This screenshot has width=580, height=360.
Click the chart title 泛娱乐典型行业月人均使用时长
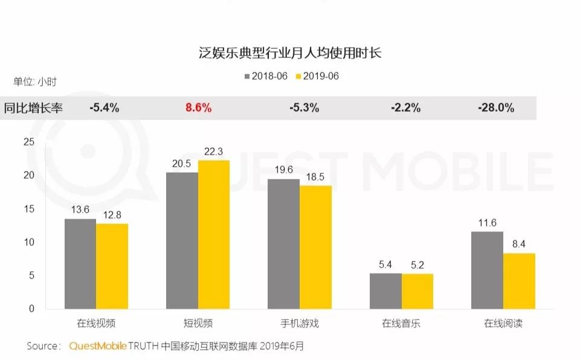coord(290,53)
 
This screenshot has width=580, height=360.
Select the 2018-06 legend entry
coord(266,76)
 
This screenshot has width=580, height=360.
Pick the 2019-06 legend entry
coord(317,76)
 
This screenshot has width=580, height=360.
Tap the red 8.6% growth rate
coord(199,108)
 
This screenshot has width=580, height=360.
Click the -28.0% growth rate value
coord(496,108)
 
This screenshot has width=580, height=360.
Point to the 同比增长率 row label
coord(33,108)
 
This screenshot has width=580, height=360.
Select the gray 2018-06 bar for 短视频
coord(182,240)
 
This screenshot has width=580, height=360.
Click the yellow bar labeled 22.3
coord(214,234)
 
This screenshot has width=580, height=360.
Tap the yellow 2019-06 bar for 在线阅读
coord(519,281)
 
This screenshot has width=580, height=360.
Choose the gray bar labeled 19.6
coord(284,244)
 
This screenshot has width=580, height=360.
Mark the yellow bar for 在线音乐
coord(417,292)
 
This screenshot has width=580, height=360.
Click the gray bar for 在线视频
coord(80,264)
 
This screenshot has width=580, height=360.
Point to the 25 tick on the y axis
coord(29,142)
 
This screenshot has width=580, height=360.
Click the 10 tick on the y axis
coord(29,242)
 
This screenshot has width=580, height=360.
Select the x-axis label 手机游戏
coord(300,323)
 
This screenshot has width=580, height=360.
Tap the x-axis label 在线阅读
coord(503,323)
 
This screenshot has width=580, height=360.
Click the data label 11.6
coord(487,223)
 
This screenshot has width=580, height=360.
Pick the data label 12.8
coord(112,215)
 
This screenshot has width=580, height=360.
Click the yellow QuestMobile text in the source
coord(98,346)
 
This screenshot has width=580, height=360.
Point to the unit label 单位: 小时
coord(35,82)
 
